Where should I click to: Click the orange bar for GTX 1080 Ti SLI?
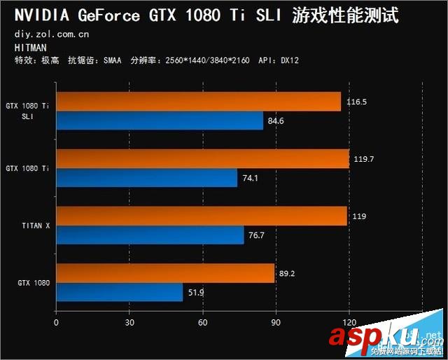[x=198, y=102]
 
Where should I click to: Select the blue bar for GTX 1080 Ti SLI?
[x=160, y=121]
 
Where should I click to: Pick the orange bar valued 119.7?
[x=202, y=159]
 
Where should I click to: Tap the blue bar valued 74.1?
[x=146, y=178]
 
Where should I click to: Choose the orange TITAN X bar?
[x=202, y=216]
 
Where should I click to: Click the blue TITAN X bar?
[x=150, y=235]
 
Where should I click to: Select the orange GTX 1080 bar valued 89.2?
[x=165, y=273]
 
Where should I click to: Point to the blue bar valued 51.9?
[x=119, y=292]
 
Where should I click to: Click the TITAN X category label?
[x=34, y=226]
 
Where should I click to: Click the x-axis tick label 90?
[x=276, y=323]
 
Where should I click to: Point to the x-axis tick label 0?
[x=56, y=323]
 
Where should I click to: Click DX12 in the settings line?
[x=289, y=60]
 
